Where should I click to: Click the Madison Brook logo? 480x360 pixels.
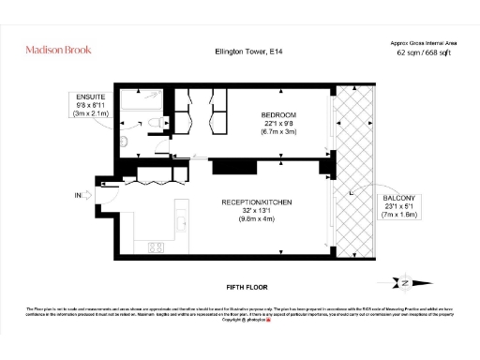click(x=59, y=49)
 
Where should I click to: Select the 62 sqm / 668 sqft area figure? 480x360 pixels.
click(x=423, y=53)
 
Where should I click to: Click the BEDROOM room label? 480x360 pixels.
click(x=278, y=115)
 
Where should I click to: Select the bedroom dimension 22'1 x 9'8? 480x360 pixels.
click(x=278, y=124)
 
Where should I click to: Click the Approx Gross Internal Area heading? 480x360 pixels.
click(x=423, y=43)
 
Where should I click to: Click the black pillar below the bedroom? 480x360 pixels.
click(x=227, y=166)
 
